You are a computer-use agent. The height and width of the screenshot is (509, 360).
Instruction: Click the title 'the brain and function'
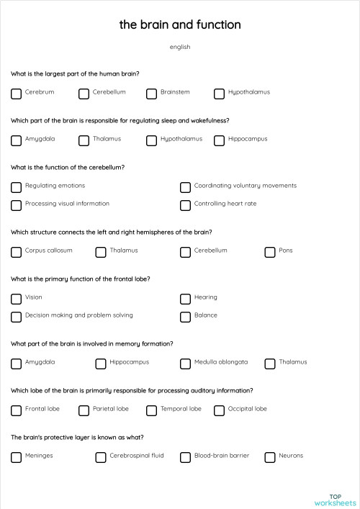180,24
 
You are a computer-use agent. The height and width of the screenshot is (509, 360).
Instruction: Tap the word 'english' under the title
180,47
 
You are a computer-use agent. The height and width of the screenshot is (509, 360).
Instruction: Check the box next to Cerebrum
16,94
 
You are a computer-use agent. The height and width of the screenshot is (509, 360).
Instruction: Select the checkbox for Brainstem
151,94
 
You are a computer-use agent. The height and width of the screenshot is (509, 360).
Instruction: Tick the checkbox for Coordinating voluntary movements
185,187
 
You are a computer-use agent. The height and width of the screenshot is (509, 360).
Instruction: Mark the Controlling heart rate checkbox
185,205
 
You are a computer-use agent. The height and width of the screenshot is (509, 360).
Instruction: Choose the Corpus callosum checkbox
16,252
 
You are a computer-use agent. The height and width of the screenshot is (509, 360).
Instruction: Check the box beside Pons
270,252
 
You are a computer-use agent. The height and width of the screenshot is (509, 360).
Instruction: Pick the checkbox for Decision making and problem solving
16,317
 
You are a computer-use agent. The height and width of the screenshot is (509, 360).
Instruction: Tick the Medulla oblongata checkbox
185,364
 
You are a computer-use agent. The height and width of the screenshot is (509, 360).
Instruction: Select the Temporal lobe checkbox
151,410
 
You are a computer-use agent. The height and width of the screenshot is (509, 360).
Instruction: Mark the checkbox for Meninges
16,457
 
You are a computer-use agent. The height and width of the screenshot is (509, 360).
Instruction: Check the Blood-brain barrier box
185,457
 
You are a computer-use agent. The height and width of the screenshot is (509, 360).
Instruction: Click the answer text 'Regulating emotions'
55,186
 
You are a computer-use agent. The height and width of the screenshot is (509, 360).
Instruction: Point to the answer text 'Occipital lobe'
247,409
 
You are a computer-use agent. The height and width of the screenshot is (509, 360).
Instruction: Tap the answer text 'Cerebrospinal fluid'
136,456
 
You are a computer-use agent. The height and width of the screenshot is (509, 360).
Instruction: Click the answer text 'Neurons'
291,456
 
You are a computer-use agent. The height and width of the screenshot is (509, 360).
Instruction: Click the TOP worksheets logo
335,500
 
